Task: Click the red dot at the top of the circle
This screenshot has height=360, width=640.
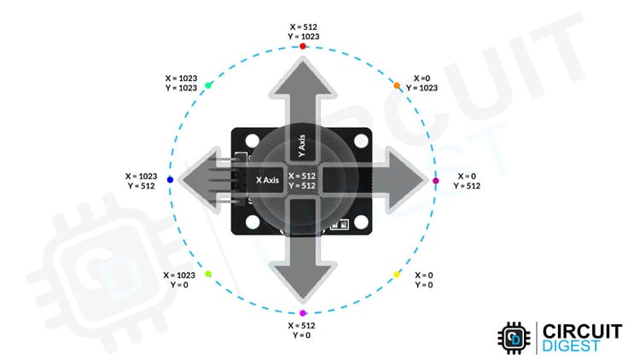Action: click(303, 46)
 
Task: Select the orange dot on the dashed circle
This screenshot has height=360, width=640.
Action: click(397, 86)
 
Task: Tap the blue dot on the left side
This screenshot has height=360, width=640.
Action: click(171, 180)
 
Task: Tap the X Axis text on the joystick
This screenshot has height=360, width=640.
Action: click(269, 180)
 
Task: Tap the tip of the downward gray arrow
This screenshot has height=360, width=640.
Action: click(302, 294)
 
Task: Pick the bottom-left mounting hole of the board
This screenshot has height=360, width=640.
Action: click(253, 224)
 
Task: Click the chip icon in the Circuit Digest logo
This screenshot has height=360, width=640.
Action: click(515, 339)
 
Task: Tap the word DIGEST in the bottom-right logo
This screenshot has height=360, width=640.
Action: click(573, 347)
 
